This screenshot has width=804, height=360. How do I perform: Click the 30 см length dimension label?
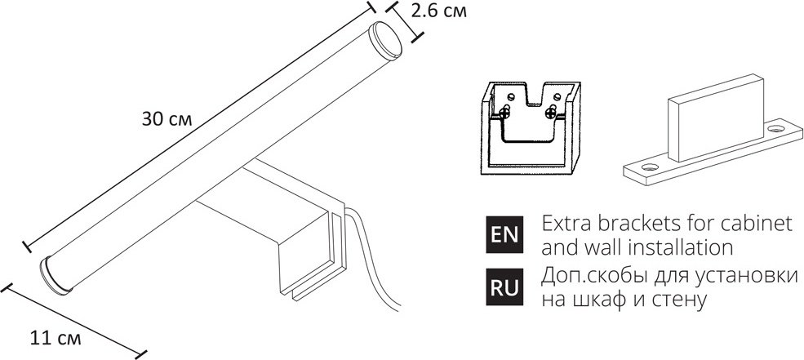point(167,119)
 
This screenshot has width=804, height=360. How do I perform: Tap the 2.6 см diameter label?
point(439,11)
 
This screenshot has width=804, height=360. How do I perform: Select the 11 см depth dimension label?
point(56,339)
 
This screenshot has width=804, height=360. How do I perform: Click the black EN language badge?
point(504,234)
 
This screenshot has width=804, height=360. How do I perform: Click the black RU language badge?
point(504,287)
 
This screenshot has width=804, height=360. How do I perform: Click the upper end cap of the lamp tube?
point(387,38)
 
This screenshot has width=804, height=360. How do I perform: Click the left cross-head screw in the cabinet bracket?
point(504,111)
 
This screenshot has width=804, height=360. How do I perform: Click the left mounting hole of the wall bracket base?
point(650,167)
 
